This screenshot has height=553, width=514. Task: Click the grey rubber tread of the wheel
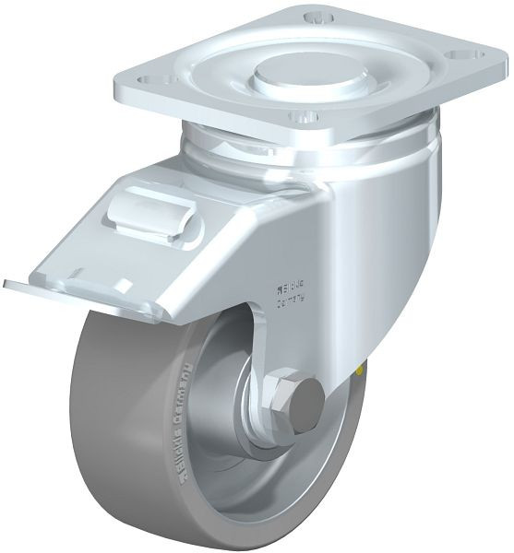129,461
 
